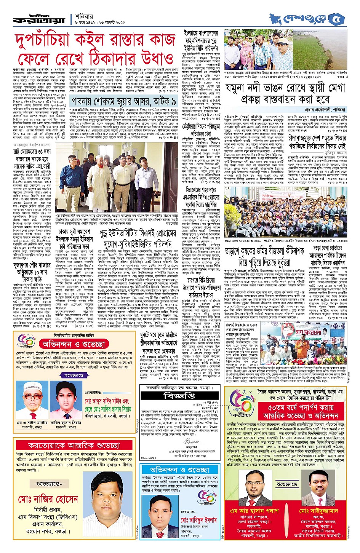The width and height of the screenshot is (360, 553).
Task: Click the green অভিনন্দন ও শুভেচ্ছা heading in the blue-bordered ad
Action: pos(179,470)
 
